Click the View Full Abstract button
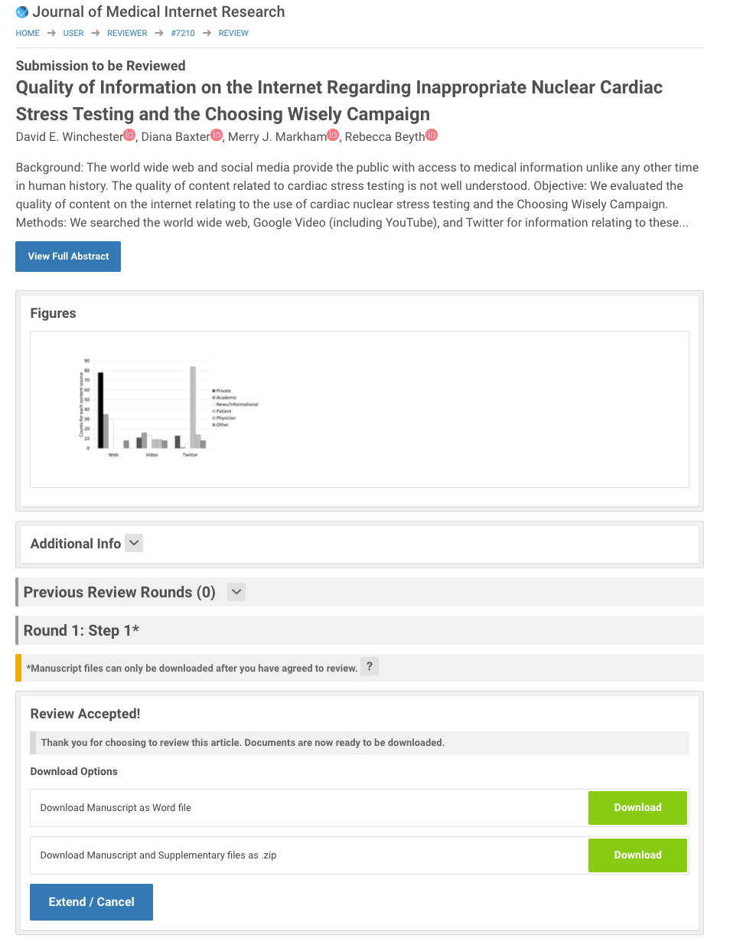click(x=68, y=257)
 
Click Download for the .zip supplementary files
click(x=637, y=855)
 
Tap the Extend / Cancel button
click(x=91, y=902)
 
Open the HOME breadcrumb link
click(x=28, y=33)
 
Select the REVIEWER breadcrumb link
click(x=127, y=33)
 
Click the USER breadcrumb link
click(x=73, y=33)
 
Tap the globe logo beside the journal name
click(x=22, y=12)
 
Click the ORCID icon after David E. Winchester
click(x=129, y=136)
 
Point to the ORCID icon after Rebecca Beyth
click(x=432, y=136)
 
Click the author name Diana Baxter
click(x=175, y=137)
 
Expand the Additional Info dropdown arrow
click(x=133, y=543)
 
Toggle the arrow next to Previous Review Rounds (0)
click(x=236, y=592)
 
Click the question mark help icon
click(x=369, y=666)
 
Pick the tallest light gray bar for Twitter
click(x=193, y=407)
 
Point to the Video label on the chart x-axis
click(x=152, y=455)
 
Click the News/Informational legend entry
click(x=237, y=404)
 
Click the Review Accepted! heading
click(x=85, y=714)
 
